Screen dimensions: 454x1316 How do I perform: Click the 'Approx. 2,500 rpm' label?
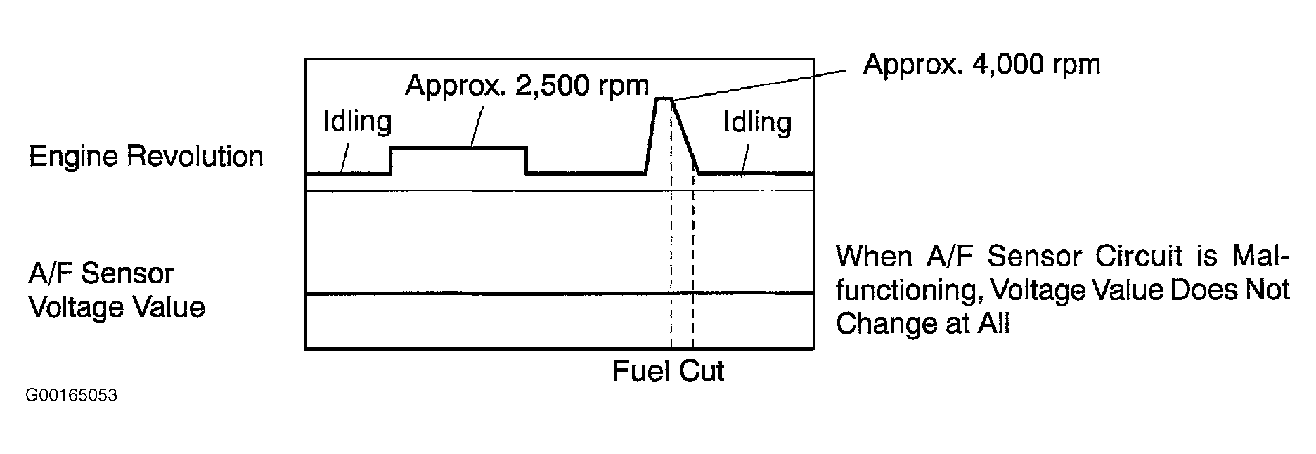527,86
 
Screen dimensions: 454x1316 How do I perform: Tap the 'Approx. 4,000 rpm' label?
981,65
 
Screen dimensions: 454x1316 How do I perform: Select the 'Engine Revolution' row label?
146,156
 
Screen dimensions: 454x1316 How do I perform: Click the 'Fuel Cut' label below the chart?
667,370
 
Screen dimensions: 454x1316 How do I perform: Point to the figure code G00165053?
72,396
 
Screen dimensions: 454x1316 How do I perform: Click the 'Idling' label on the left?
356,122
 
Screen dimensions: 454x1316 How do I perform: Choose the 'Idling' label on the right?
757,123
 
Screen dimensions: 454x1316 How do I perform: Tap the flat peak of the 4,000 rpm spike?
664,99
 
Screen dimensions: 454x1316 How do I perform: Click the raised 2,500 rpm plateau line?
457,148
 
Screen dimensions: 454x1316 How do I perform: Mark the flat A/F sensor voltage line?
492,293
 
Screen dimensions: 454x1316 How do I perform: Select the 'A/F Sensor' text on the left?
101,273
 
